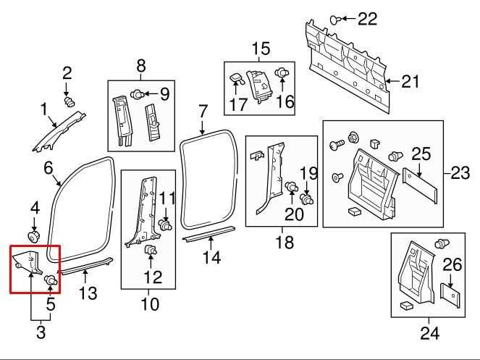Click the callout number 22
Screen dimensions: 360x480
pyautogui.click(x=367, y=19)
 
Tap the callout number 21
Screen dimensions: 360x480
pyautogui.click(x=410, y=82)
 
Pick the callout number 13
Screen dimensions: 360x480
pyautogui.click(x=87, y=293)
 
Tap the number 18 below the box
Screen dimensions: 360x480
pyautogui.click(x=285, y=242)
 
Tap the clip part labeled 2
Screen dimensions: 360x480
pyautogui.click(x=70, y=103)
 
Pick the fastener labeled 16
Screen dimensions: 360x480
pyautogui.click(x=283, y=73)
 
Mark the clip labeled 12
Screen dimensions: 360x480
pyautogui.click(x=151, y=250)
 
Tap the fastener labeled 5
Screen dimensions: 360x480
pyautogui.click(x=51, y=279)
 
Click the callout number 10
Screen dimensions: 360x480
pyautogui.click(x=149, y=304)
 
